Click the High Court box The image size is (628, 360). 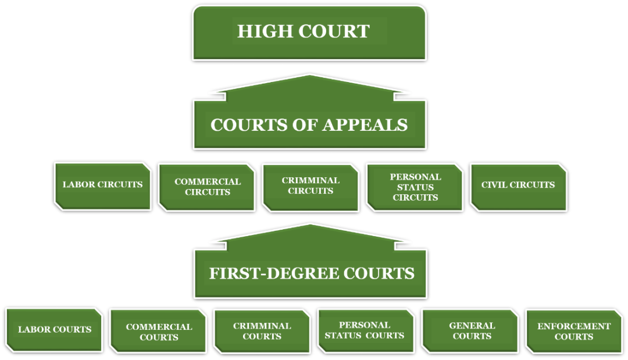click(x=309, y=33)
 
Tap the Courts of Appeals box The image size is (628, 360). click(x=309, y=124)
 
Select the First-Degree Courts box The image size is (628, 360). click(x=311, y=273)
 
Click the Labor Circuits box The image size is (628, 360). click(x=102, y=186)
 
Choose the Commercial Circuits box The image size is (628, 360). click(x=207, y=187)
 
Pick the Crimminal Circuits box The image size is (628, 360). click(x=311, y=187)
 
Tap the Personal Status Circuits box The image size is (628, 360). click(x=415, y=187)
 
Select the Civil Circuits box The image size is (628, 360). click(x=519, y=187)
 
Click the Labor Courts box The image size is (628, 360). click(x=54, y=330)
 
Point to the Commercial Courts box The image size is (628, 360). click(x=158, y=331)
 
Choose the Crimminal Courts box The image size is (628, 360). click(x=262, y=332)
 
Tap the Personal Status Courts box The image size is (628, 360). click(x=366, y=331)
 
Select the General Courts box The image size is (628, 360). click(x=470, y=331)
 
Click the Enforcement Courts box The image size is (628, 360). click(x=574, y=331)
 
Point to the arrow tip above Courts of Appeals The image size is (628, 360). click(x=309, y=75)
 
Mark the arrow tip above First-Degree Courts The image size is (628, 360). click(x=311, y=224)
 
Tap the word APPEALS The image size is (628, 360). click(x=365, y=125)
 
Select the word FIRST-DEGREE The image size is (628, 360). click(x=274, y=273)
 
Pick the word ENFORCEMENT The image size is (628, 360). click(x=574, y=326)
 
